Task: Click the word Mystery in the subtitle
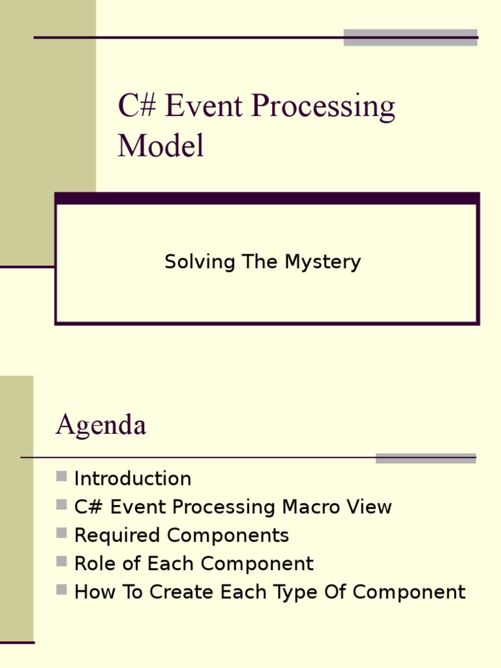322,262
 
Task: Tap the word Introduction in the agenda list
132,479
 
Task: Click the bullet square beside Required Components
62,533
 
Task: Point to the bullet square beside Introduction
62,476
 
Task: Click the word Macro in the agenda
313,507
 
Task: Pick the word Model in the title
160,146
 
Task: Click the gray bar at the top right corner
410,37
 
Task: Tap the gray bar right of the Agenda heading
425,458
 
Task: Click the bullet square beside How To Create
62,590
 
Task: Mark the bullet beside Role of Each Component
62,561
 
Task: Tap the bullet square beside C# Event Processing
62,504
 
